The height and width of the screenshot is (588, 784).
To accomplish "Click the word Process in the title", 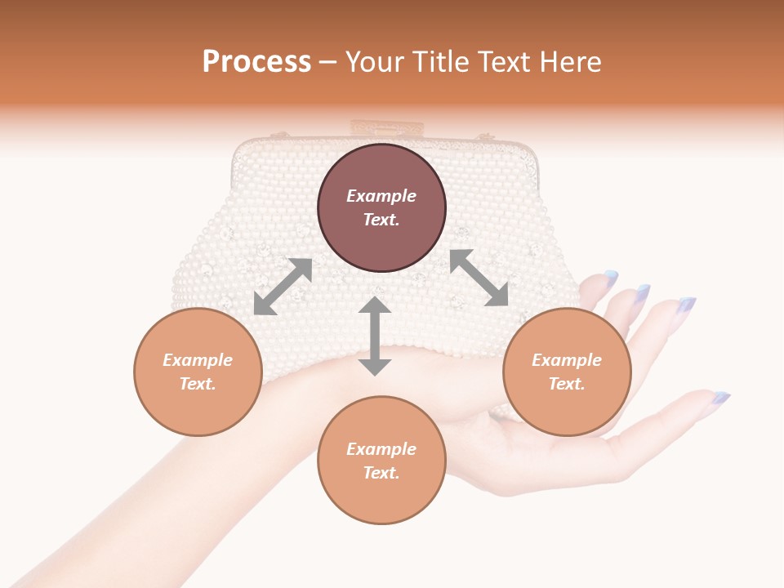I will tap(256, 62).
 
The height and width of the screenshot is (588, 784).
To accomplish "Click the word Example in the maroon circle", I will tap(381, 196).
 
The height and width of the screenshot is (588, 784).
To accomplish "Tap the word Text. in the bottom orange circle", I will tap(381, 473).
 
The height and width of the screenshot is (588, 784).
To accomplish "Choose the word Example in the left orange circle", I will tap(198, 360).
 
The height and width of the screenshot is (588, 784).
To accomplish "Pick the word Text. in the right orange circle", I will tap(567, 384).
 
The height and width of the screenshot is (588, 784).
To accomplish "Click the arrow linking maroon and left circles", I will tap(283, 287).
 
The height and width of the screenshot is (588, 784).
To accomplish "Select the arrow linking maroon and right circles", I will tap(479, 278).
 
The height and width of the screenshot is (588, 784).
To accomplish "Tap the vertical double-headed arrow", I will tap(375, 336).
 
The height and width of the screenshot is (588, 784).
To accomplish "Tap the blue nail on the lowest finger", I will tap(719, 399).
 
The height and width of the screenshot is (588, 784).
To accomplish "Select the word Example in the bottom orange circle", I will tap(381, 449).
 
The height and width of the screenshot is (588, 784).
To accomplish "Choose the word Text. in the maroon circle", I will tap(381, 220).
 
